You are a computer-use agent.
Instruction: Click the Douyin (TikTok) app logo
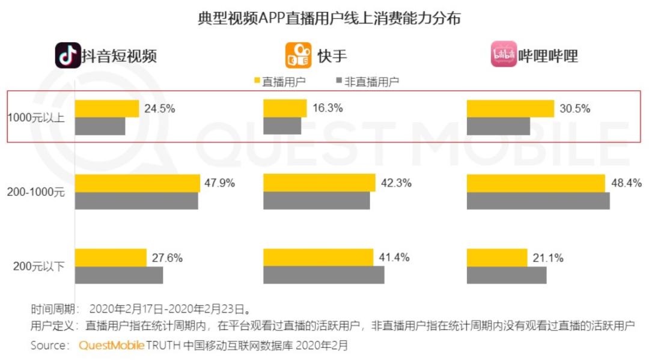click(x=68, y=55)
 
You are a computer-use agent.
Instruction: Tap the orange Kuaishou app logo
click(x=298, y=55)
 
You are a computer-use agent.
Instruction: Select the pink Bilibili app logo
click(x=504, y=55)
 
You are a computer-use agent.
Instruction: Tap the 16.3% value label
click(x=328, y=109)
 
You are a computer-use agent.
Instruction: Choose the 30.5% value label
click(x=575, y=109)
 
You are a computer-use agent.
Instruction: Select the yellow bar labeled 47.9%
click(x=137, y=183)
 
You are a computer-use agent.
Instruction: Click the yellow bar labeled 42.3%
click(x=319, y=183)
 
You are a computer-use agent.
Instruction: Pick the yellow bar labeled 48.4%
click(x=535, y=183)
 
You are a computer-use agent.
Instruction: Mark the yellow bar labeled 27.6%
click(x=111, y=257)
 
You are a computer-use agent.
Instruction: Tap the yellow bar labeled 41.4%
click(x=318, y=257)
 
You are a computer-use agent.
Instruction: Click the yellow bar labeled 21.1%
click(x=497, y=257)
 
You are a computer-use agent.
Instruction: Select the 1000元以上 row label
click(x=35, y=117)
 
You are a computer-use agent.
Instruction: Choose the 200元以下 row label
click(x=38, y=266)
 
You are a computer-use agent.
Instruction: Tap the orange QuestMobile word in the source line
click(x=112, y=346)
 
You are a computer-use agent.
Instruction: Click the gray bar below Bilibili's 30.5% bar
click(x=498, y=126)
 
